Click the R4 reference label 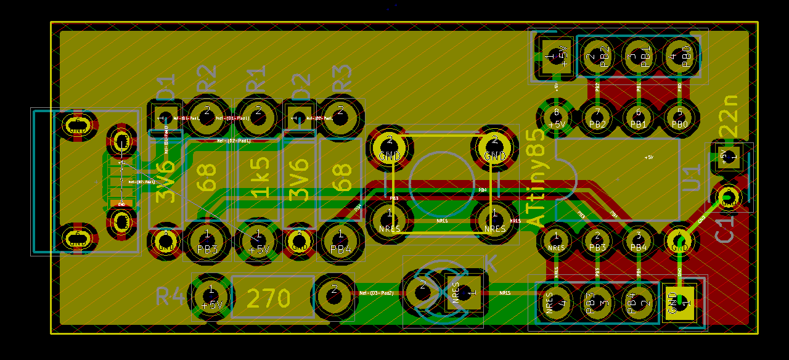[169, 297]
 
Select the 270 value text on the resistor [268, 299]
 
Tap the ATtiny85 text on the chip [536, 179]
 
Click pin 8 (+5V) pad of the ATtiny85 [557, 117]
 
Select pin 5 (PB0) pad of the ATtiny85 [680, 117]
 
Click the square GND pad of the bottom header [680, 303]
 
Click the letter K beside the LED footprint [490, 263]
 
